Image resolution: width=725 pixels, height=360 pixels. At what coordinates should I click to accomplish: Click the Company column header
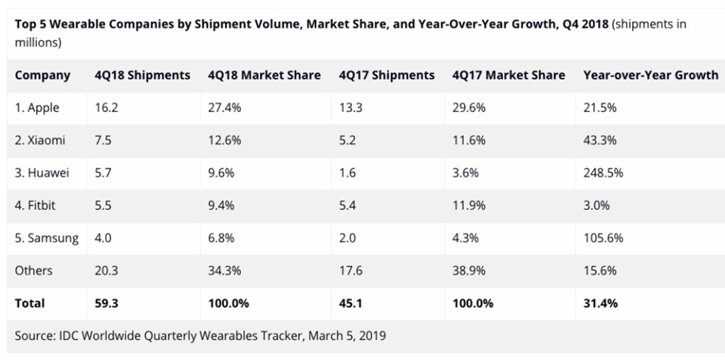[x=42, y=75]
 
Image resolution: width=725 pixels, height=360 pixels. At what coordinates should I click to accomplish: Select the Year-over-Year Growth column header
[x=651, y=75]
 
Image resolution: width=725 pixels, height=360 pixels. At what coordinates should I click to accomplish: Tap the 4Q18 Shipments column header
[x=142, y=75]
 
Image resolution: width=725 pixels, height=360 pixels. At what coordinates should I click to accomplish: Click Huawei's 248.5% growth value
[x=603, y=173]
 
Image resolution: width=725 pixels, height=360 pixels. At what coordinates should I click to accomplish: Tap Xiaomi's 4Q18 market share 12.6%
[x=224, y=140]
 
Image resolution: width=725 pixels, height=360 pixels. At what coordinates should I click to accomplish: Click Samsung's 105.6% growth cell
[x=603, y=238]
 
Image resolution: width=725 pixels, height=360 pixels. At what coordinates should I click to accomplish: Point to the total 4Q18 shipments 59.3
[x=106, y=303]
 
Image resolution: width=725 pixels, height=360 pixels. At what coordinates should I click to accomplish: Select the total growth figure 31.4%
[x=601, y=303]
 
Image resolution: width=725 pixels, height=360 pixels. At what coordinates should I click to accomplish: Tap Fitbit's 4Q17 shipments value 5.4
[x=347, y=205]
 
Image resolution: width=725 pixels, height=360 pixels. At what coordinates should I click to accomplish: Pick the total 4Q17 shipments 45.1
[x=351, y=303]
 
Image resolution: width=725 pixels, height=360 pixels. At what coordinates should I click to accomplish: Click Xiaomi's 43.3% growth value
[x=600, y=140]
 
